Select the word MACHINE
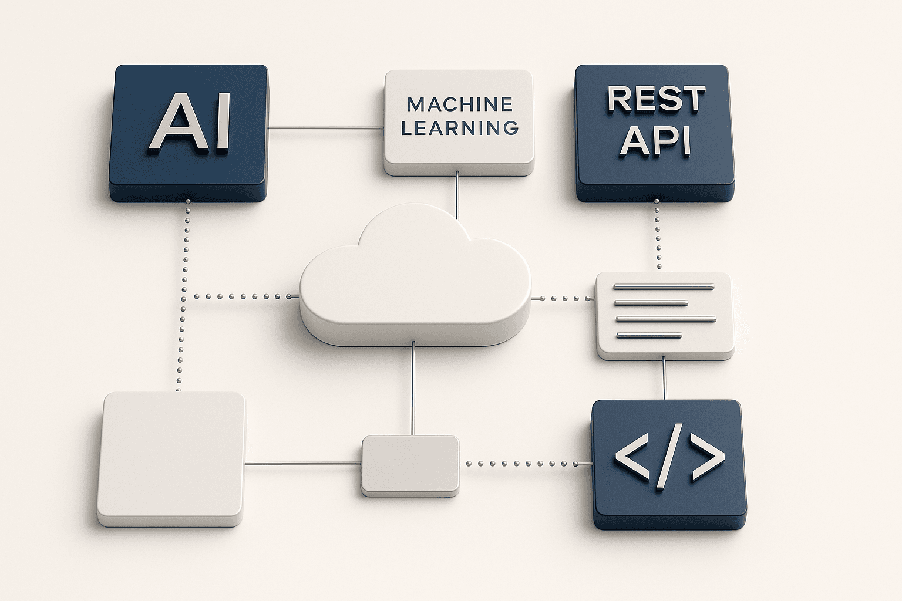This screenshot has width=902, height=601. tap(460, 104)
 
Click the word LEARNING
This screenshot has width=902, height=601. tap(460, 127)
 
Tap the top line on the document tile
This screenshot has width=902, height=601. tap(664, 287)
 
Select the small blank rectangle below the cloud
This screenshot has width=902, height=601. tap(410, 464)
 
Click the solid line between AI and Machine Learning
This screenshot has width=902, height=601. tap(326, 128)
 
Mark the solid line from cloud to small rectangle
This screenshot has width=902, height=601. tap(414, 390)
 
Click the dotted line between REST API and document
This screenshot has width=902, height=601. tap(657, 235)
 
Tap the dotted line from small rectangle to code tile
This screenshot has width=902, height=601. tap(526, 464)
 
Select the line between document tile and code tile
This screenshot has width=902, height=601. tap(664, 379)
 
